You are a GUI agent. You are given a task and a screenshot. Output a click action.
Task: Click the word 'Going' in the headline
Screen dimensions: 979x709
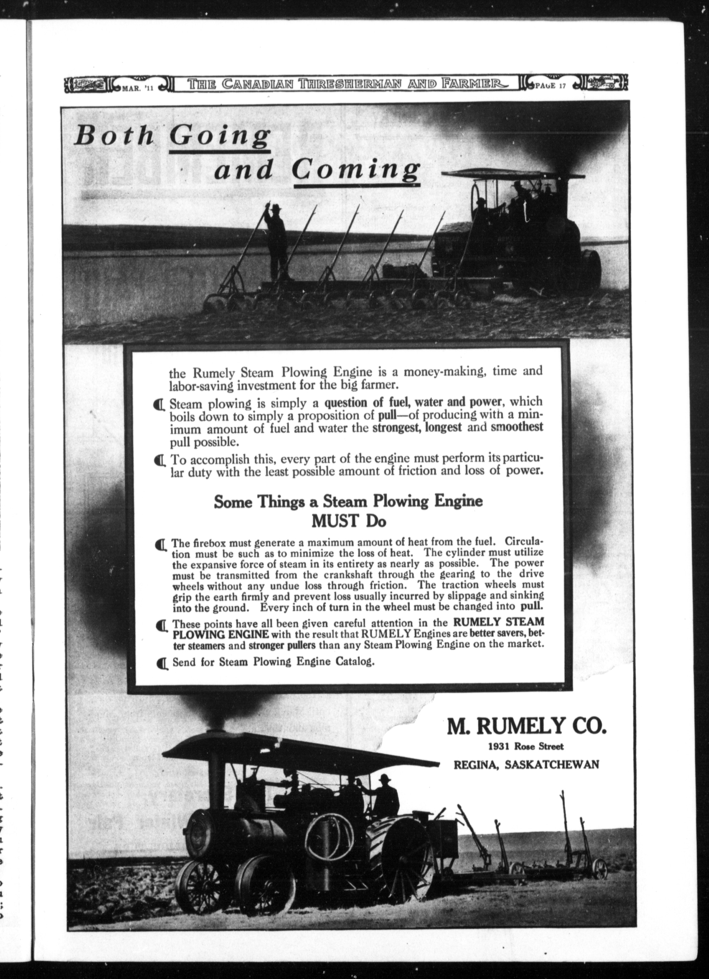click(x=220, y=137)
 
